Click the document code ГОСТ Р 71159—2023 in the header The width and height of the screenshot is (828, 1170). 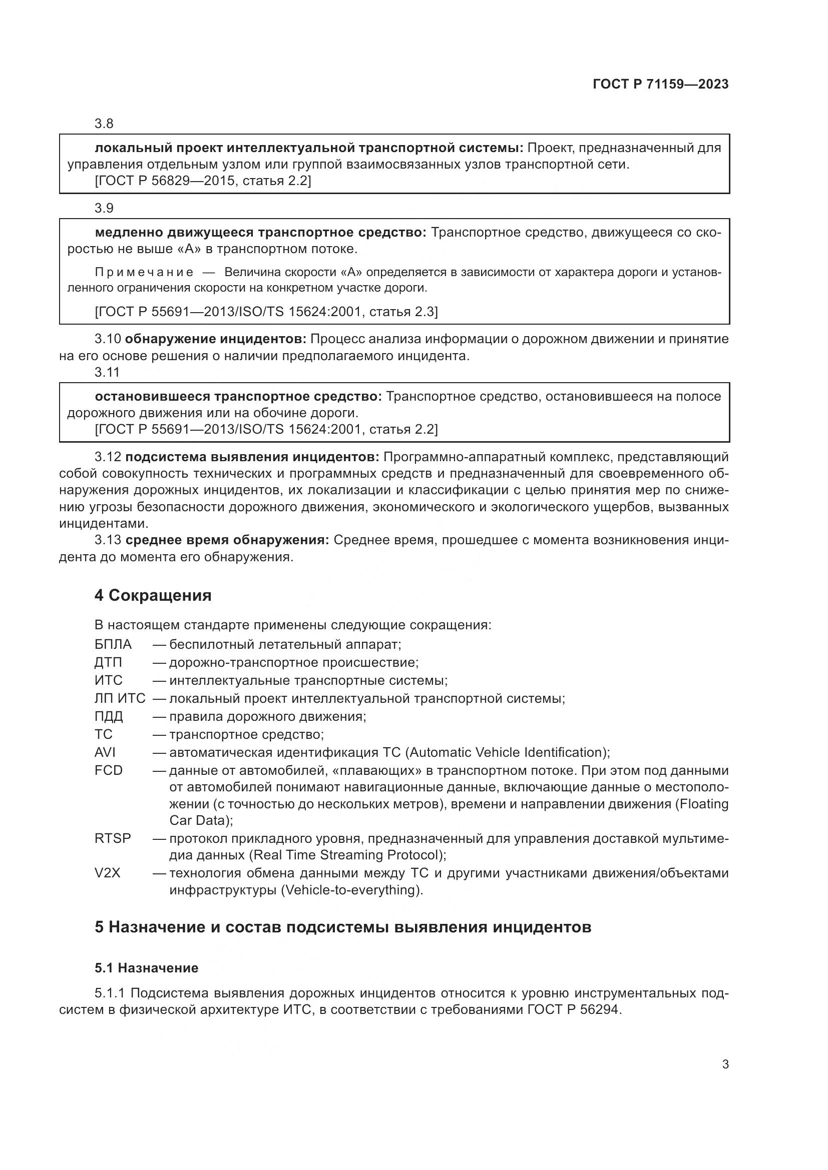click(661, 85)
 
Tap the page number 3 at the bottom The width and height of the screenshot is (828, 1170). click(725, 1064)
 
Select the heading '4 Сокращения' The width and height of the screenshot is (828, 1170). click(153, 595)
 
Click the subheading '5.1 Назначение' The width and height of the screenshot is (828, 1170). click(146, 968)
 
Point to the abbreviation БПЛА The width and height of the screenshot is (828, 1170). click(113, 645)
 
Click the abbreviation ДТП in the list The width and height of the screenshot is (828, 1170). click(108, 662)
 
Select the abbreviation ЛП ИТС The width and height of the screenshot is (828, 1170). click(120, 698)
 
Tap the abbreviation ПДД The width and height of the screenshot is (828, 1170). click(109, 716)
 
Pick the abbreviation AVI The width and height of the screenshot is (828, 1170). click(105, 752)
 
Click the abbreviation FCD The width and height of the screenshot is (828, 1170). click(109, 770)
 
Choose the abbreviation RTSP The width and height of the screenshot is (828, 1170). click(113, 838)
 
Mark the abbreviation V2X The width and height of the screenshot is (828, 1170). click(107, 873)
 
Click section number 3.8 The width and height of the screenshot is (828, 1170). click(104, 124)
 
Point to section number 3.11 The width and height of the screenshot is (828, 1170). click(107, 373)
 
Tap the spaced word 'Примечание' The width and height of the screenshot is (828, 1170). click(144, 272)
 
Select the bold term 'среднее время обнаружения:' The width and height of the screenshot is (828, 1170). click(227, 540)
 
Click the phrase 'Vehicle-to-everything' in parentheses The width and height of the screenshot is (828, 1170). click(352, 890)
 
